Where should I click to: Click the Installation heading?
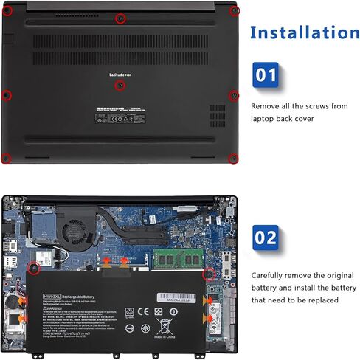click(x=305, y=33)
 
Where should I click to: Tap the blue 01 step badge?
click(x=266, y=75)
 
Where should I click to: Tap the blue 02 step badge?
click(x=266, y=238)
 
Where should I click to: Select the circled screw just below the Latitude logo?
click(x=121, y=86)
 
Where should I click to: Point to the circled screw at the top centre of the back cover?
click(x=121, y=18)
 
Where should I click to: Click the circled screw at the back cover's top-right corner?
click(x=234, y=10)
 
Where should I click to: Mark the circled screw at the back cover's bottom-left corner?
click(x=6, y=156)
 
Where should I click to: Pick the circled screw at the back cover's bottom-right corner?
click(x=233, y=156)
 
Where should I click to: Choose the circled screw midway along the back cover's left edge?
click(x=6, y=94)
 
